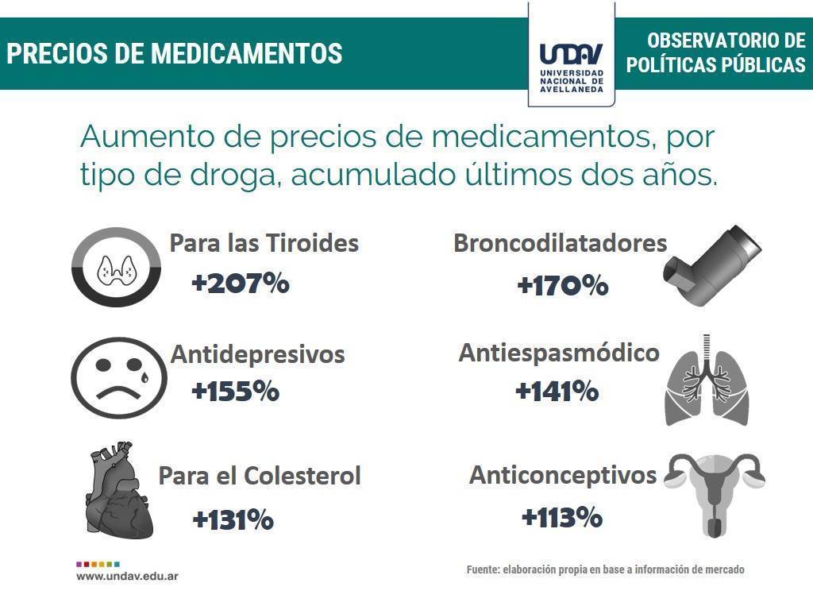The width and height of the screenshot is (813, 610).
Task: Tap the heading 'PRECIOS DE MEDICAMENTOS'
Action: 175,53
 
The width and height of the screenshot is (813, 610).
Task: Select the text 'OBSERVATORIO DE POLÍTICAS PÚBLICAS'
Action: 715,53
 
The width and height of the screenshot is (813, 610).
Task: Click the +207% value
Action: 240,283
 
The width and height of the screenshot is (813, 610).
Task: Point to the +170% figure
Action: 562,285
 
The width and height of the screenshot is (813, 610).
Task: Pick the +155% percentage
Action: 235,391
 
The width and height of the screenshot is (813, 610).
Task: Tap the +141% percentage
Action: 557,391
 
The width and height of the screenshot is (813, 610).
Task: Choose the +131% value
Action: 233,520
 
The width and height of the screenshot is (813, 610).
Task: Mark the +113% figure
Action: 561,518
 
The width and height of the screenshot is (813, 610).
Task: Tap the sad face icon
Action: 119,376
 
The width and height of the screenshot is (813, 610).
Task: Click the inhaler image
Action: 713,266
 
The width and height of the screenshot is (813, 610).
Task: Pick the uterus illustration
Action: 715,492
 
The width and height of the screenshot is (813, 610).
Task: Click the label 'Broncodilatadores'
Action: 560,243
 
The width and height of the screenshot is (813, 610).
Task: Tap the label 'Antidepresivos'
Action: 257,354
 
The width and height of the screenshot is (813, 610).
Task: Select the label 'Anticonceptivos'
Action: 562,475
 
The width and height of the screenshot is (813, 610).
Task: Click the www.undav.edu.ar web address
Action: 127,576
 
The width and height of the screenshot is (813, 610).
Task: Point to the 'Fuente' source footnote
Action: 605,569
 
